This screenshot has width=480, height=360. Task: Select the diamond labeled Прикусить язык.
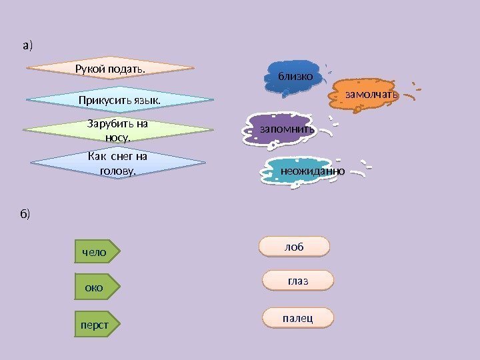pyautogui.click(x=120, y=100)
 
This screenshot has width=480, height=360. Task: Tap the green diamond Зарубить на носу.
pyautogui.click(x=117, y=130)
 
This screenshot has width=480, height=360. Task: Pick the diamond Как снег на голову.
pyautogui.click(x=117, y=163)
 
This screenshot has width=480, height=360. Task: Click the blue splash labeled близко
pyautogui.click(x=295, y=76)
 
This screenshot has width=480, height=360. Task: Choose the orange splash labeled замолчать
pyautogui.click(x=371, y=95)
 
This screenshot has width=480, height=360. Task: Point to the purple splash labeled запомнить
pyautogui.click(x=287, y=129)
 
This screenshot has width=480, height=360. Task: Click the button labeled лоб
pyautogui.click(x=294, y=247)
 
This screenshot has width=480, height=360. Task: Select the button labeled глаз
pyautogui.click(x=298, y=281)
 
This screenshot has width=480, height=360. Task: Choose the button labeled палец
pyautogui.click(x=298, y=318)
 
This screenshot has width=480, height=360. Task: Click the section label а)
pyautogui.click(x=27, y=45)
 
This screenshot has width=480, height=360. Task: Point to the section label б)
pyautogui.click(x=25, y=214)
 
